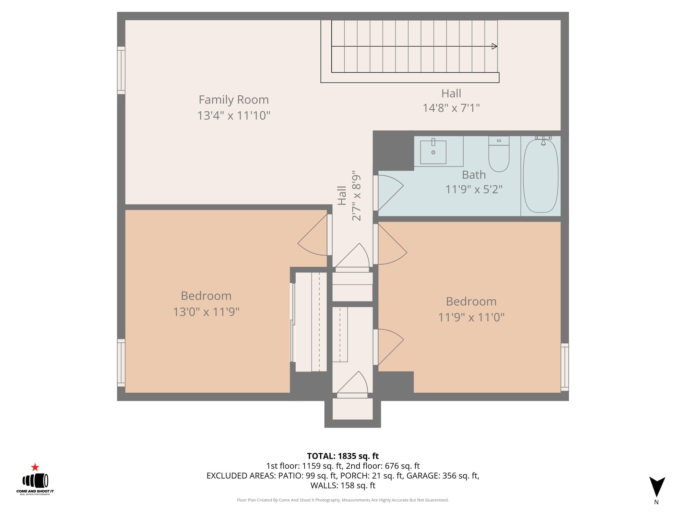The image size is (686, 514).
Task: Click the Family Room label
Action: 234,100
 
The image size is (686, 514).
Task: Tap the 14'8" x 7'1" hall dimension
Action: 451,108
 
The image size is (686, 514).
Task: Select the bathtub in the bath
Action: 540,175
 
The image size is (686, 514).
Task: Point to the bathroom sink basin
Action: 433,152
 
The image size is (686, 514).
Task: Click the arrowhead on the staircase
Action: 494,46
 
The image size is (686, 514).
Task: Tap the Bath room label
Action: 474,175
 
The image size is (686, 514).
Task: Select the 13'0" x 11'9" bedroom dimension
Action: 206,312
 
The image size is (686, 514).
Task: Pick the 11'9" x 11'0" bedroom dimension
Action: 471,317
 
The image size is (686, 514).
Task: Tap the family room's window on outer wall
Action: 121,70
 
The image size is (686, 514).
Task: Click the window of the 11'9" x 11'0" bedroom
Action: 565,367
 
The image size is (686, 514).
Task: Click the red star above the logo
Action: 35,467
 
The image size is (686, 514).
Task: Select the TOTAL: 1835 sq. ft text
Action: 343,456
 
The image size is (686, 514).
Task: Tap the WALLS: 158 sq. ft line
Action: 343,485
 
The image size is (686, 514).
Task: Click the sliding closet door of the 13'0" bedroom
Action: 293,322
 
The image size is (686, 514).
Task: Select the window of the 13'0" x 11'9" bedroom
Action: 121,363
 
